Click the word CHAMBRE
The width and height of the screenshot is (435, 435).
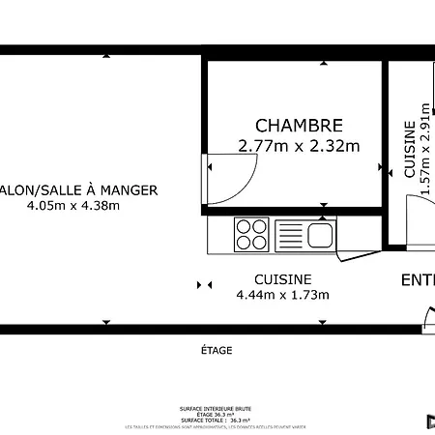(x=299, y=126)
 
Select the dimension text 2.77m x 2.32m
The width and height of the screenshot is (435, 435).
(x=299, y=147)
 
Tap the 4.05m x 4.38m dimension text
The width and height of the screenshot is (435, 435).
(x=73, y=206)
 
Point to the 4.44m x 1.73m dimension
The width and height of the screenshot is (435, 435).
(x=282, y=295)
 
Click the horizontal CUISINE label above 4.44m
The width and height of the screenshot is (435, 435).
(x=282, y=279)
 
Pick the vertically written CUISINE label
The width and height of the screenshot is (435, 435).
(x=410, y=149)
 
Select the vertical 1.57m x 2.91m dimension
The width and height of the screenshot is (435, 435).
(x=424, y=149)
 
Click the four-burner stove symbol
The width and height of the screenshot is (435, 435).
(x=252, y=234)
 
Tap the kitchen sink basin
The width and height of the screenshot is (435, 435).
(x=318, y=234)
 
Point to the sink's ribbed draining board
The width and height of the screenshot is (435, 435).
(x=290, y=234)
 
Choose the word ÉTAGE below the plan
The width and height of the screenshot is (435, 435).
(x=216, y=350)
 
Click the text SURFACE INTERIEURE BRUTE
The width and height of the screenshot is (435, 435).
(x=216, y=409)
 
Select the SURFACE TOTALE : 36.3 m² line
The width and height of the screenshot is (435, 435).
(x=216, y=420)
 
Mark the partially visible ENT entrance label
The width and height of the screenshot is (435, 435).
(x=418, y=280)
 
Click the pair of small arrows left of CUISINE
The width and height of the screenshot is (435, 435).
(x=204, y=285)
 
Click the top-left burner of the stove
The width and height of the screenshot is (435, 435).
(x=245, y=227)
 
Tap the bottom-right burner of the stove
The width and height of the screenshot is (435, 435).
(x=259, y=242)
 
